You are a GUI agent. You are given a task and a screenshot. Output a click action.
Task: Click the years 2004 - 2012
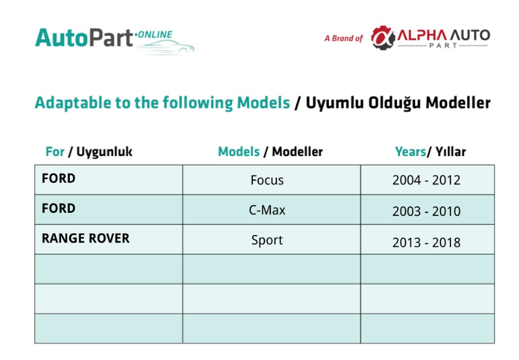[x=426, y=180]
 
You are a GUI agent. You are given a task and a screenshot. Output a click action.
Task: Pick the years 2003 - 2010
[x=426, y=211]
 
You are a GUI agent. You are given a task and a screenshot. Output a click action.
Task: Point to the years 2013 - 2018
[x=426, y=243]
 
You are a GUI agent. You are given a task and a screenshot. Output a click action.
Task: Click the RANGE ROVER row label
[x=86, y=238]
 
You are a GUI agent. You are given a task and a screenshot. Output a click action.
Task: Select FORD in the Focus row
[x=59, y=178]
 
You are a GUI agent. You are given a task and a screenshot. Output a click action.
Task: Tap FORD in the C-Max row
[x=59, y=209]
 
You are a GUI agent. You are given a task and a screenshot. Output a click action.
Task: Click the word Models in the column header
[x=239, y=151]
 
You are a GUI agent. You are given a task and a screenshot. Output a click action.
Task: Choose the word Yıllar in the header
[x=450, y=151]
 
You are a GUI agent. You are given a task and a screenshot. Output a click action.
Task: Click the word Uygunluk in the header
[x=104, y=152]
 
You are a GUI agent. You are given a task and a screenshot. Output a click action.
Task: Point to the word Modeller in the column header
[x=297, y=151]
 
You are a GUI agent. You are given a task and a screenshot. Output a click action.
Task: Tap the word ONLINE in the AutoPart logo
[x=155, y=35]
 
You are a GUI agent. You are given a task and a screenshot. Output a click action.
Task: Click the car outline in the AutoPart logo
[x=165, y=47]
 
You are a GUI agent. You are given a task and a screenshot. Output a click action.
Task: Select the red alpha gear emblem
[x=383, y=38]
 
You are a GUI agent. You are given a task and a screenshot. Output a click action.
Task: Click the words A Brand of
[x=344, y=38]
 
